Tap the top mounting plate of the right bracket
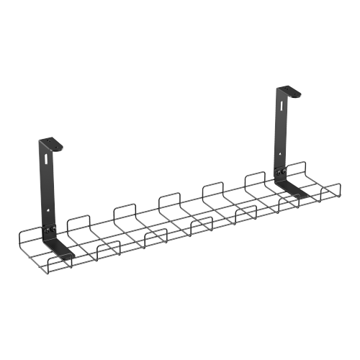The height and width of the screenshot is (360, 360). pyautogui.click(x=289, y=90)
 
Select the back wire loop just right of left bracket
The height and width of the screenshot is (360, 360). pyautogui.click(x=77, y=220)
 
